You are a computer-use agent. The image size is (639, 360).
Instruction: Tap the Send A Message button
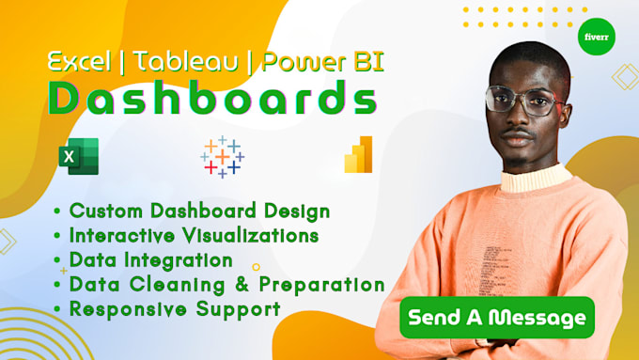497,319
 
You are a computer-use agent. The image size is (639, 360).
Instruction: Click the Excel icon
77,156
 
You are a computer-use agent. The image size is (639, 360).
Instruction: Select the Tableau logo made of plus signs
223,156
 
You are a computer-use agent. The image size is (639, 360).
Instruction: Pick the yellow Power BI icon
358,155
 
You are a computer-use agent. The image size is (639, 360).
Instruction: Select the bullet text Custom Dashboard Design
199,211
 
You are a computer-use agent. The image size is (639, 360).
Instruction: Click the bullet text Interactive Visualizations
194,235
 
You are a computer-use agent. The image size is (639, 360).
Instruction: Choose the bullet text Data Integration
150,259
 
